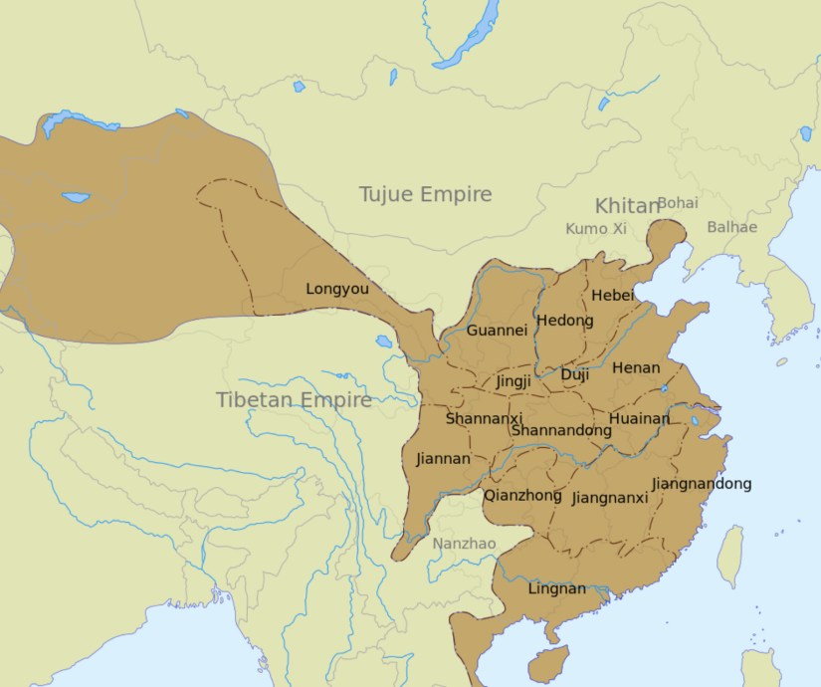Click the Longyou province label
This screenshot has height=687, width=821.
pos(336,290)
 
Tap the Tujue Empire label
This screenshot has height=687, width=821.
pos(425,194)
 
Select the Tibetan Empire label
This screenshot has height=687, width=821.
pos(294,400)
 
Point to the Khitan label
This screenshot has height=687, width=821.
pos(626,206)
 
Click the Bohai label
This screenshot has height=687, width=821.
pos(678,202)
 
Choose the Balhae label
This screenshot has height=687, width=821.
pos(731,227)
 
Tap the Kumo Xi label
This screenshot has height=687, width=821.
pos(596,229)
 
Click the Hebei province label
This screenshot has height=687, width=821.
pos(612,296)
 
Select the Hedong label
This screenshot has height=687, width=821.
pos(564,321)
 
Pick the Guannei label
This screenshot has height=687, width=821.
pos(497,331)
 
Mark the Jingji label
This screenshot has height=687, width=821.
pos(513,380)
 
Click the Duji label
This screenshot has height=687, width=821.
pos(574,375)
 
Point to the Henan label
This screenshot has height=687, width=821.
pos(635,367)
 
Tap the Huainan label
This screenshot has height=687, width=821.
pos(639,419)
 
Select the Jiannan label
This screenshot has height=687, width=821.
pos(443,459)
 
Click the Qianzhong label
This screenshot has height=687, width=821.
pos(522,495)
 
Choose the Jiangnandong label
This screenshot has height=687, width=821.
pos(701,484)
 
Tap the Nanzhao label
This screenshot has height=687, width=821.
pos(464,544)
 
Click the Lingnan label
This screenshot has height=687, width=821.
pos(556,588)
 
